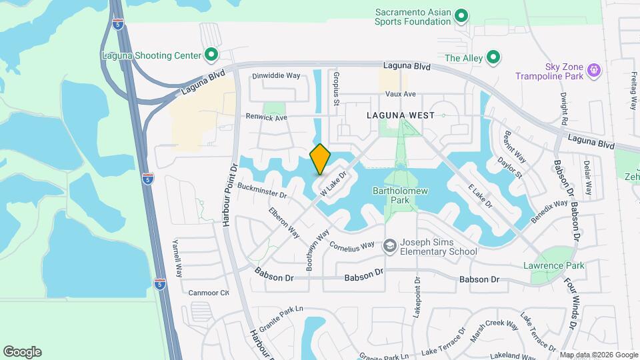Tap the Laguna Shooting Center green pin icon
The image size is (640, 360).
(x=211, y=55)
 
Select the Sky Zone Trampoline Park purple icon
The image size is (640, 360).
(x=595, y=69)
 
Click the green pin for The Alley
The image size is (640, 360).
(x=493, y=58)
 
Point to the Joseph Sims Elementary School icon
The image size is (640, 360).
(x=389, y=247)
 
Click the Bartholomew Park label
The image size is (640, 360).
(x=391, y=195)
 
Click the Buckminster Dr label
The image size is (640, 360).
(x=261, y=191)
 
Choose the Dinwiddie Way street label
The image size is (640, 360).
(x=276, y=75)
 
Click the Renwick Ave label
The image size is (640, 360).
(x=265, y=117)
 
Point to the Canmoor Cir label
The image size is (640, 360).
(x=209, y=292)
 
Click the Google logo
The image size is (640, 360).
(x=23, y=352)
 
